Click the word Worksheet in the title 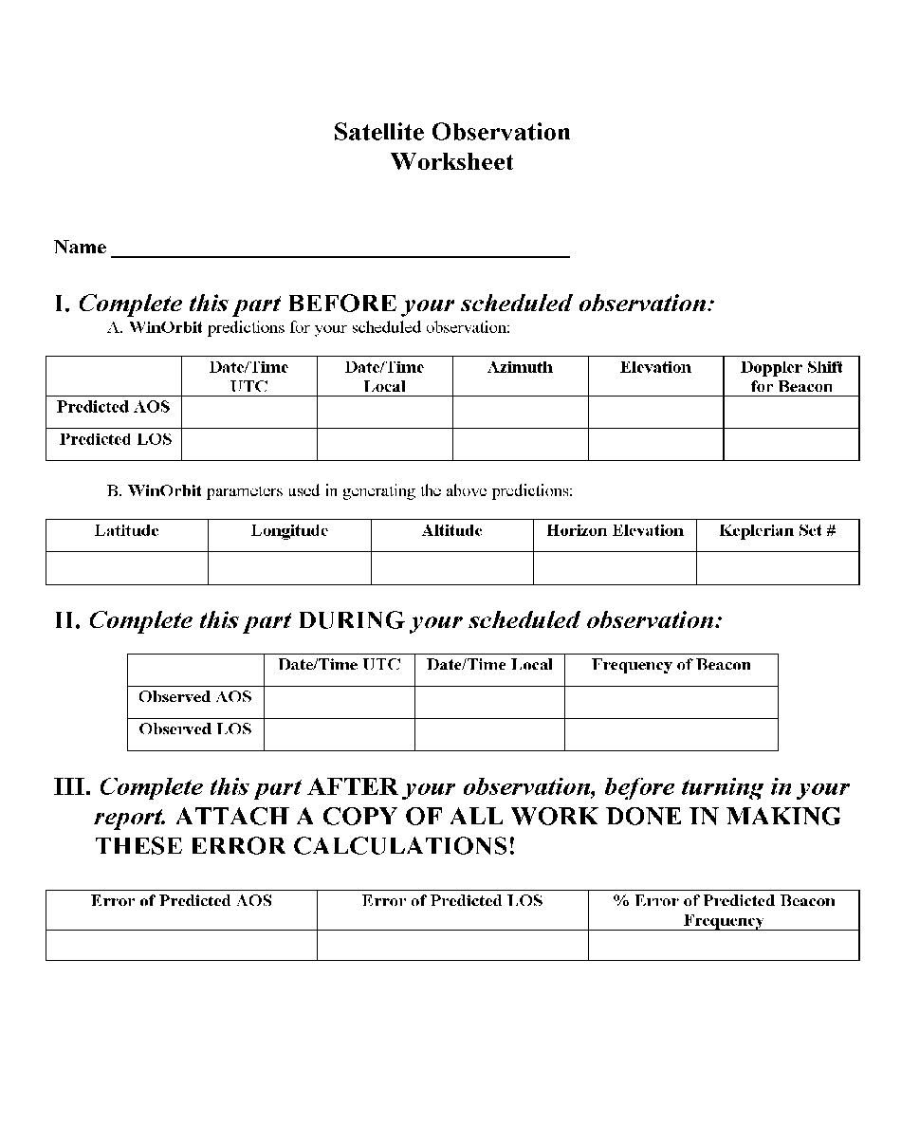pos(451,162)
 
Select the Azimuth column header pos(520,368)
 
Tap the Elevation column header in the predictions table pos(655,368)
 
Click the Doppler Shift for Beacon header pos(791,377)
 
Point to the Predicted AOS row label pos(114,407)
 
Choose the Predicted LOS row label pos(115,440)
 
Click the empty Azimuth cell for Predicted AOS pos(520,413)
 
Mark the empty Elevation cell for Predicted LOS pos(655,444)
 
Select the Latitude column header pos(126,531)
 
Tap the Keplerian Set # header pos(778,531)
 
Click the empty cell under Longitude pos(289,567)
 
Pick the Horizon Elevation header pos(615,531)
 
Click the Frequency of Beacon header pos(671,665)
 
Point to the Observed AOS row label pos(195,697)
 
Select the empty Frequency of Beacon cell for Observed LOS pos(671,734)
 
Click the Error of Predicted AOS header pos(181,901)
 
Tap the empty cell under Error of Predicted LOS pos(452,945)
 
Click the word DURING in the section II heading pos(351,621)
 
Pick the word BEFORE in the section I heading pos(341,304)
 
